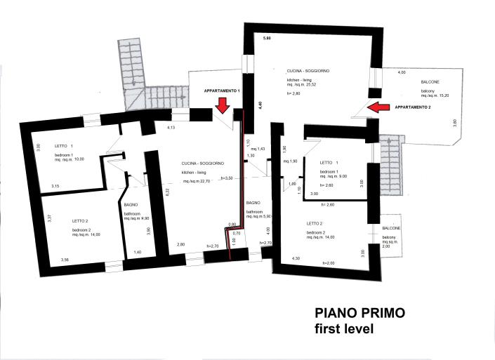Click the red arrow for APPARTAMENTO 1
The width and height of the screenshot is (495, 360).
[x=222, y=105]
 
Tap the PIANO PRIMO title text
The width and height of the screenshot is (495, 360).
[x=360, y=313]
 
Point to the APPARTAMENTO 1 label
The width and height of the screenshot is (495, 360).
[x=222, y=91]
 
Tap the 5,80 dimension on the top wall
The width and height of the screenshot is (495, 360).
[x=266, y=37]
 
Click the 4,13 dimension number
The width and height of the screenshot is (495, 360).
[x=170, y=128]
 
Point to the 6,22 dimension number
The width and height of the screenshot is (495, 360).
[x=167, y=192]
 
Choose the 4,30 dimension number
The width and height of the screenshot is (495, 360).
[x=296, y=258]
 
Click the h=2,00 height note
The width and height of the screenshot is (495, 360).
[x=329, y=262]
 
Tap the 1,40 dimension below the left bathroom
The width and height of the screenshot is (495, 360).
[x=138, y=251]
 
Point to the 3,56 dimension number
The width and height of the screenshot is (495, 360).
[x=65, y=260]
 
